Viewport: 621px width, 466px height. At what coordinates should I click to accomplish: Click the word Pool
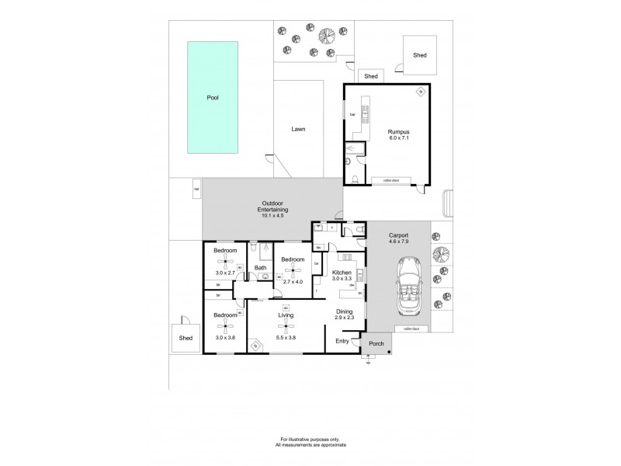(212, 99)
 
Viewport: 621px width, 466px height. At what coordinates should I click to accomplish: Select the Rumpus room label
(398, 133)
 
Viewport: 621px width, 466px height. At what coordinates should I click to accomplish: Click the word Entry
(342, 341)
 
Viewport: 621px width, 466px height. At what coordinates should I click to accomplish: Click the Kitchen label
(342, 273)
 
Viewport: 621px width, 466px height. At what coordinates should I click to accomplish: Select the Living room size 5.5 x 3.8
(286, 337)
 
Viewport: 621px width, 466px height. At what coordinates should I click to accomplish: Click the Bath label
(261, 269)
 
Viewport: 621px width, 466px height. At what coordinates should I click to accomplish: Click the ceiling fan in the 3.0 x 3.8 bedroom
(225, 327)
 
